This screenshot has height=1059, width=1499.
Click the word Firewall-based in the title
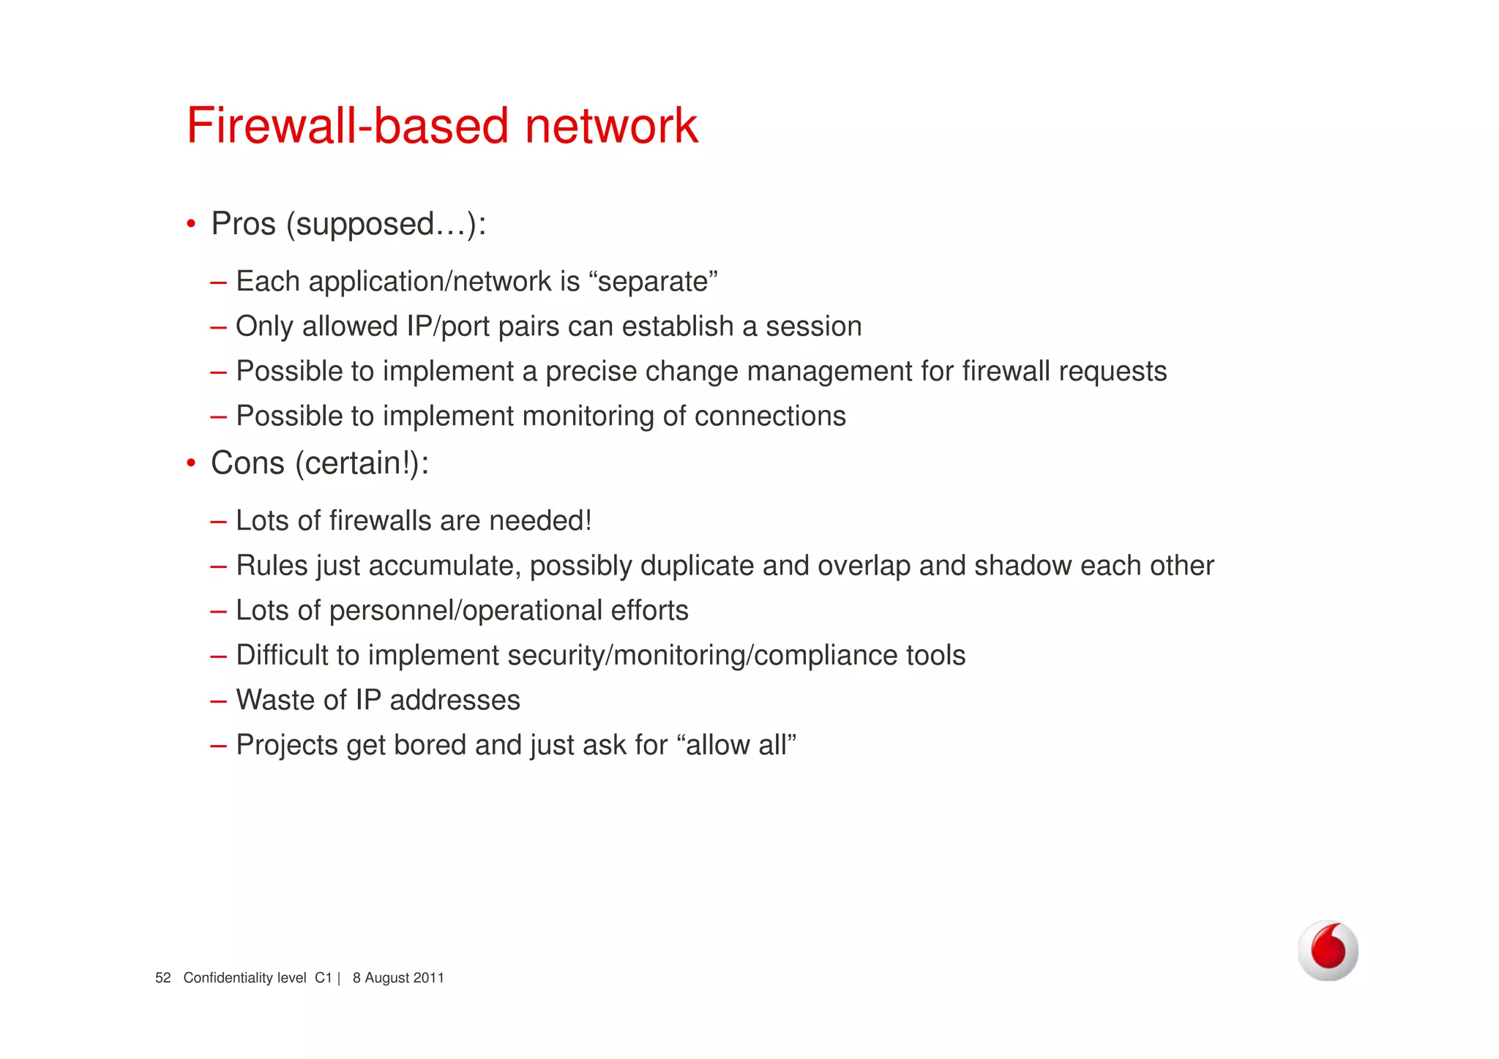tap(348, 126)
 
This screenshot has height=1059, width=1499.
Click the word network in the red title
tap(611, 126)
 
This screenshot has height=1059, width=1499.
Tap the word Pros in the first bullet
tap(243, 224)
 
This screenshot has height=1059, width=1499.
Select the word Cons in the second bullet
tap(247, 463)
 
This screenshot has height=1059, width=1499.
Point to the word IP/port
tap(448, 326)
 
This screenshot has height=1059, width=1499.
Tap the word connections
tap(770, 416)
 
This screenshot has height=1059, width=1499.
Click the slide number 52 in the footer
tap(162, 978)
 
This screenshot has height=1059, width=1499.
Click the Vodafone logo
tap(1328, 951)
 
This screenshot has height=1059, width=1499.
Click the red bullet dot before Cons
tap(191, 463)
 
